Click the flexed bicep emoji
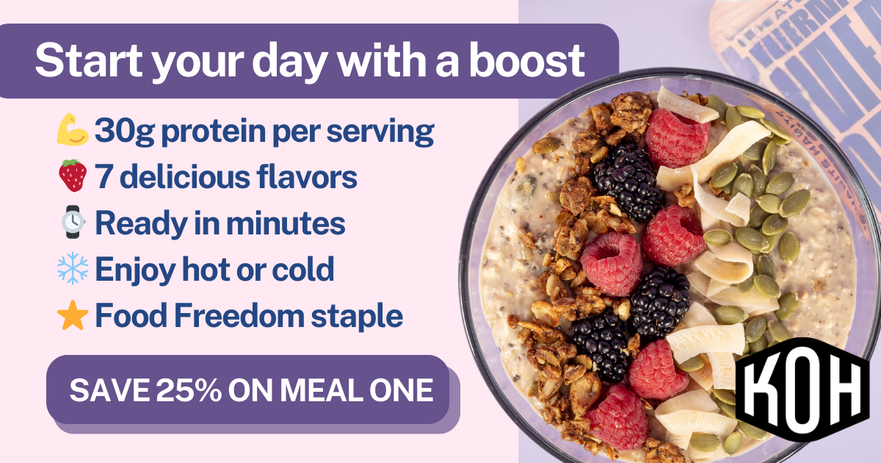(x=72, y=132)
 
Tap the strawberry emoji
(x=72, y=176)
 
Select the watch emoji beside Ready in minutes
(x=72, y=223)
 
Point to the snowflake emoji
(x=72, y=269)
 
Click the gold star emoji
(x=72, y=316)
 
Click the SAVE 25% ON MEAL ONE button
(x=250, y=390)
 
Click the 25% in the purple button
(x=189, y=391)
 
